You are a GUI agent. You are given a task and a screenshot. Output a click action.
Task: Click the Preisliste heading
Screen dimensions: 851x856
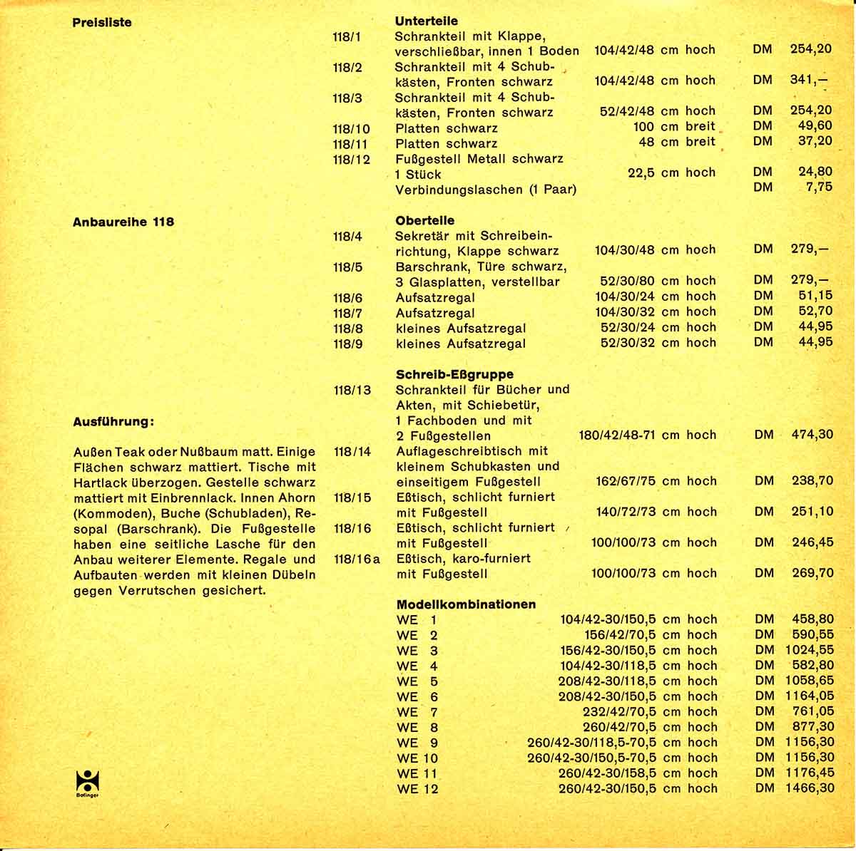102,22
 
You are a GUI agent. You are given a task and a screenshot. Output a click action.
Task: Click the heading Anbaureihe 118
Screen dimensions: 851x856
123,222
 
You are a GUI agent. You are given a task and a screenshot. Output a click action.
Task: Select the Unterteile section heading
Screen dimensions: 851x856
426,21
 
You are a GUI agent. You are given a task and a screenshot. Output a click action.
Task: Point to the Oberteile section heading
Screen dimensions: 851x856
424,220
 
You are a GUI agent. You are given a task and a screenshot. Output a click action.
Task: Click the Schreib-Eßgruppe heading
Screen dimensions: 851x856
454,373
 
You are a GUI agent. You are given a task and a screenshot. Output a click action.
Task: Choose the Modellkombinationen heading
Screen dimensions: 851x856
466,604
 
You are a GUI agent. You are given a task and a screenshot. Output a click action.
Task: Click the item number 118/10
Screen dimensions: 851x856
351,128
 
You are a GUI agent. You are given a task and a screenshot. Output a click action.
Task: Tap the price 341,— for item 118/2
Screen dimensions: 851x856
810,80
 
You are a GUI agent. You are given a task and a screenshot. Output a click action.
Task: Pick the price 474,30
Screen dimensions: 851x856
812,434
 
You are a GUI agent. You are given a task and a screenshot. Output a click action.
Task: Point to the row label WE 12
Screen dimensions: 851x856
417,788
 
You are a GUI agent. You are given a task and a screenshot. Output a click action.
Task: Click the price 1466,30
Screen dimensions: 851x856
809,788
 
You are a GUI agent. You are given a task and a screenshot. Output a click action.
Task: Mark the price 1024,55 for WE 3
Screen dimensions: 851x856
809,650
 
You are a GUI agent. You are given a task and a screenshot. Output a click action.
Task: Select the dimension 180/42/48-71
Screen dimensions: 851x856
617,435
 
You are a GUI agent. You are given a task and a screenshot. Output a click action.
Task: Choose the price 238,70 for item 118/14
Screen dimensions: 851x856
812,480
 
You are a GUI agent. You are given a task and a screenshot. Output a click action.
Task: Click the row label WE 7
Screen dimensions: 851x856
417,711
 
